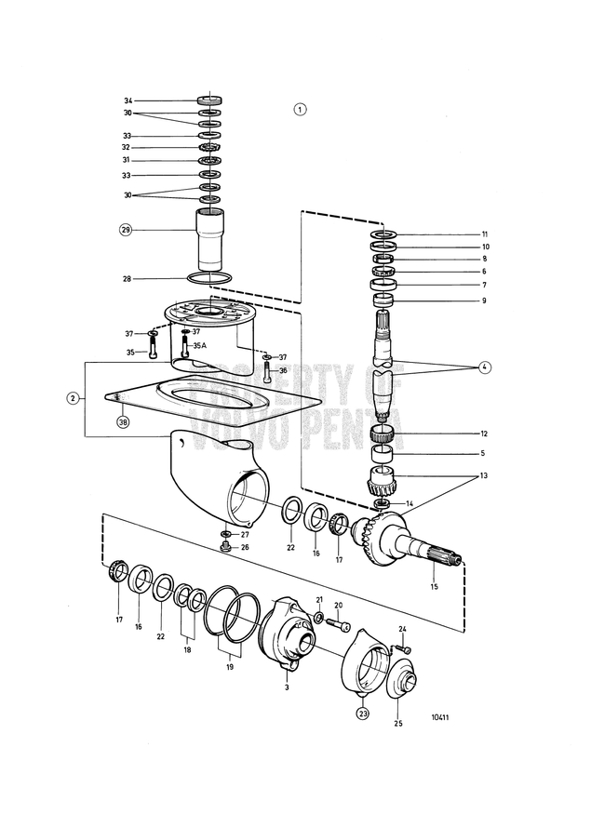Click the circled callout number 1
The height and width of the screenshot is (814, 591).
coord(300,108)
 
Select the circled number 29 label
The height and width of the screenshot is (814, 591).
coord(126,229)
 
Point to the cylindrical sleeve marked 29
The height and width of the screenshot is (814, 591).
coord(211,244)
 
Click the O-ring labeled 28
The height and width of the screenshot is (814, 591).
coord(211,278)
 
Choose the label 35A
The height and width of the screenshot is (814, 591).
coord(199,345)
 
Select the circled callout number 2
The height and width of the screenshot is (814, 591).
coord(99,398)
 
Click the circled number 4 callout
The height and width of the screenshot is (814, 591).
coord(484,367)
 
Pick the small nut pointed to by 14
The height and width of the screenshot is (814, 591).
coord(381,503)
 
